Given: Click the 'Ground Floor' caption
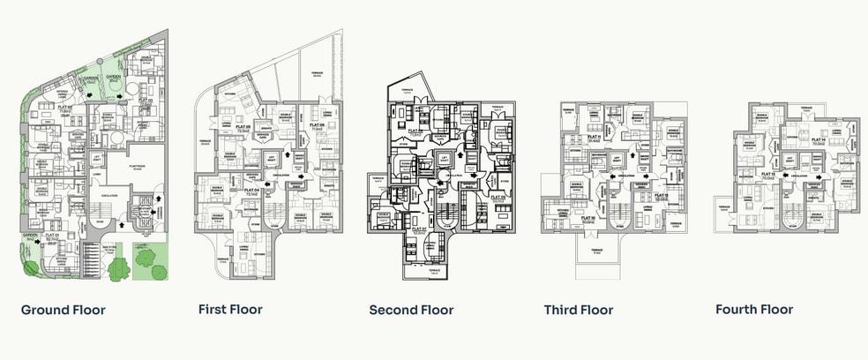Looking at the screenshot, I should tap(63, 310).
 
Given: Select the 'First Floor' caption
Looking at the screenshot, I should tap(229, 310).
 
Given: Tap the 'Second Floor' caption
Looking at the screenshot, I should tap(411, 310).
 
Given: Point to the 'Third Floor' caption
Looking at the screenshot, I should tap(579, 310).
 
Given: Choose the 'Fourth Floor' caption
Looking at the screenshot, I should tap(754, 310).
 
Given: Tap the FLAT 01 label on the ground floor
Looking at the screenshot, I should tap(51, 236).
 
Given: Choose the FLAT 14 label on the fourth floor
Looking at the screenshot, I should tap(818, 140).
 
